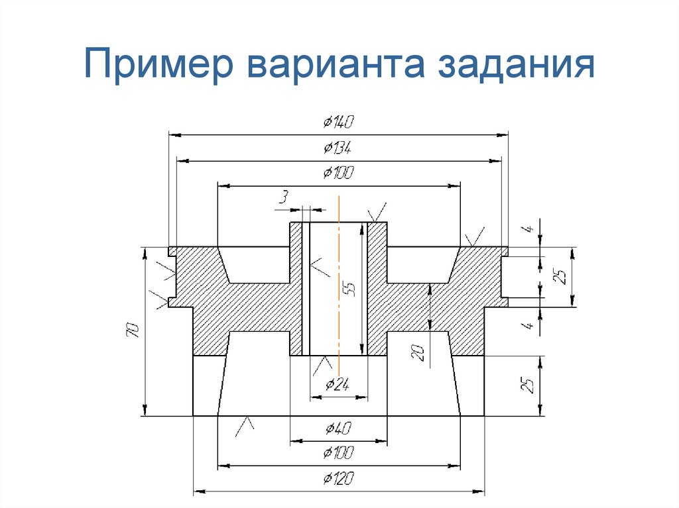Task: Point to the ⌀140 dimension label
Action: [x=339, y=122]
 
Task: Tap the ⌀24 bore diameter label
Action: [x=338, y=384]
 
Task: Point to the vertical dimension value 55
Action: [x=349, y=289]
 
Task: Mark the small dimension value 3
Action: [x=284, y=197]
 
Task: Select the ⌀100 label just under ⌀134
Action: [x=338, y=174]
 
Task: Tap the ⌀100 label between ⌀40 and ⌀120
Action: [x=338, y=453]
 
